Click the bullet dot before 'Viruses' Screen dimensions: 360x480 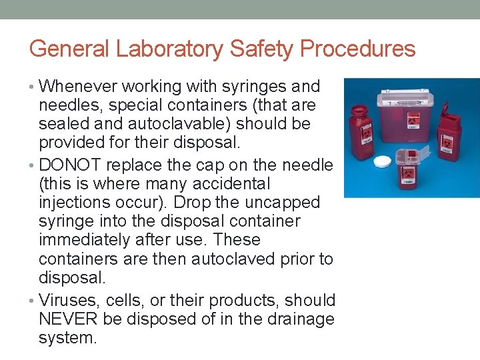coord(33,301)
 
